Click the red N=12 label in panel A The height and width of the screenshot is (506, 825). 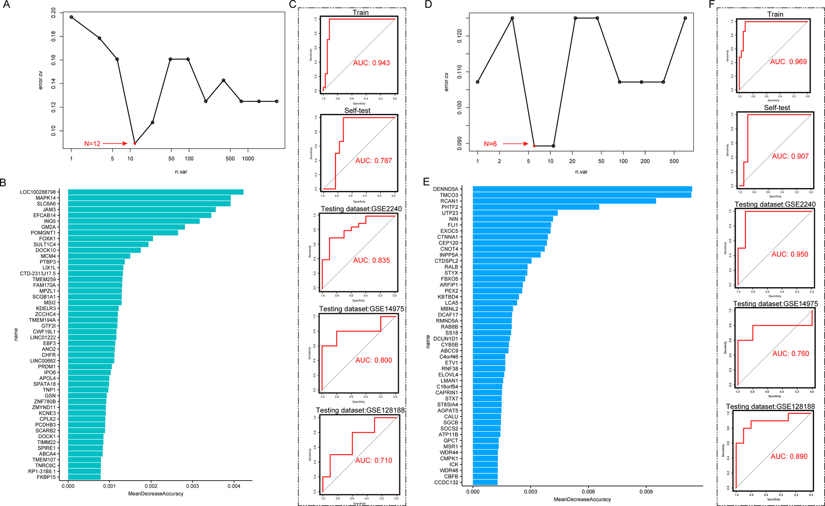tap(92, 144)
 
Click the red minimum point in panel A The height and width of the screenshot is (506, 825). tap(135, 144)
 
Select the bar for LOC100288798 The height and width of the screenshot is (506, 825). tap(155, 192)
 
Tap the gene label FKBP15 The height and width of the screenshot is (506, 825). tap(46, 477)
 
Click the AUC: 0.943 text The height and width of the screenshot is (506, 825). tap(371, 63)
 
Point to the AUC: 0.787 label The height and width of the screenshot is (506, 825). tap(374, 161)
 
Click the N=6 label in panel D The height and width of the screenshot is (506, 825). tap(490, 144)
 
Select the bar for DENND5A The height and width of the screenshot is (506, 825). tap(582, 189)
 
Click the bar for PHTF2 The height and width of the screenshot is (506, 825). tap(535, 207)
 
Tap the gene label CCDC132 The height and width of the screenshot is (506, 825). tap(445, 482)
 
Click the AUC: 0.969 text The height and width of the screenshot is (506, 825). tap(788, 62)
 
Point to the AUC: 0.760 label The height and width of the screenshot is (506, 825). tap(790, 354)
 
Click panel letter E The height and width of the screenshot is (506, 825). tap(426, 182)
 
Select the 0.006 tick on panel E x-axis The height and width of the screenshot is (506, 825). tap(588, 492)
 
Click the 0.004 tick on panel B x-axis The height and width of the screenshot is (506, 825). tap(234, 486)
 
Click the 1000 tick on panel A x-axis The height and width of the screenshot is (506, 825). tap(248, 159)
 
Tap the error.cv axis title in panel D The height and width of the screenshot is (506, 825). tap(446, 82)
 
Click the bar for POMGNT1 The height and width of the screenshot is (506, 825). tap(123, 233)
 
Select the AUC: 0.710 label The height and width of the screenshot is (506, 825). tap(374, 461)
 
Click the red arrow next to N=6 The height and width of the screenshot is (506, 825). tap(515, 144)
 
